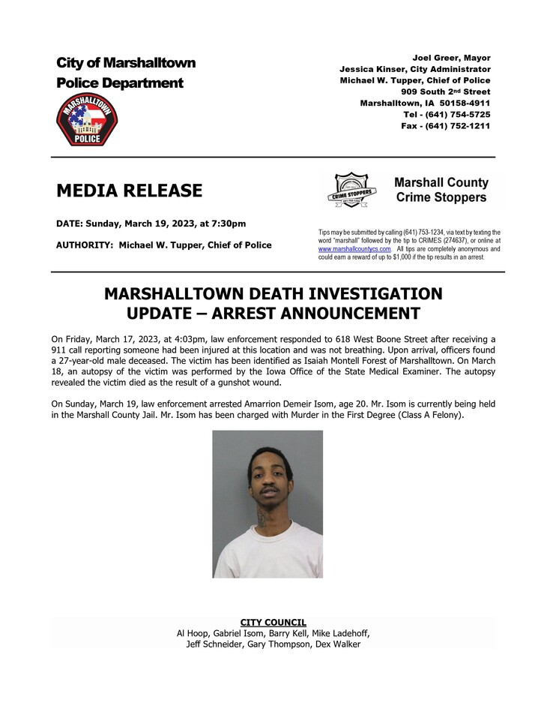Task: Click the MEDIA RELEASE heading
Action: (129, 191)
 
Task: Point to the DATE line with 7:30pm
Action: (151, 224)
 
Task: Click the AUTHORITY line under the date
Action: (163, 245)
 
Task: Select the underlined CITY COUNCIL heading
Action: (273, 622)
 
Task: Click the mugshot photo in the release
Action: (268, 503)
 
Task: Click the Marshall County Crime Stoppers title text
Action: (441, 190)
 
